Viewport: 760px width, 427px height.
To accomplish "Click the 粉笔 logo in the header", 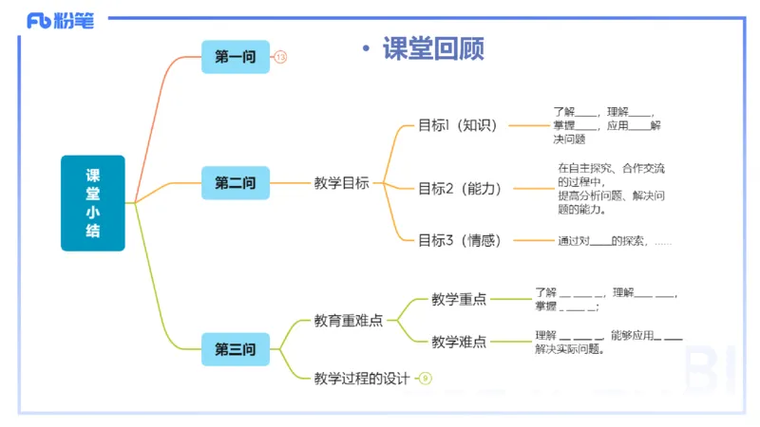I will point(60,20).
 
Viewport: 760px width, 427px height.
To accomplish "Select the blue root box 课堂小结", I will point(93,203).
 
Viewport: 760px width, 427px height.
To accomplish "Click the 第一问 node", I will point(236,57).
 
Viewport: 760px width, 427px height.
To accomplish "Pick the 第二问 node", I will point(236,183).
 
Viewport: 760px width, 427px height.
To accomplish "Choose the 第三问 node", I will point(236,349).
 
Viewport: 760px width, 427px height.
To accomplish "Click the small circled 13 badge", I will point(280,58).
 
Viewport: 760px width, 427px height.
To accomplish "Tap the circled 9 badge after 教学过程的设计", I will point(426,379).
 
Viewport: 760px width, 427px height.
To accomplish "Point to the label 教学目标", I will point(342,183).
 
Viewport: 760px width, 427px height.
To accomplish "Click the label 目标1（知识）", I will point(458,125).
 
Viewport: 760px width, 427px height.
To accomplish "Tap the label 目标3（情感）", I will point(460,240).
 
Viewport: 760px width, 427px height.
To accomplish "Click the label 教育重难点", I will point(349,321).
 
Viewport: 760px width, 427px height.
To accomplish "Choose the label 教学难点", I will point(459,342).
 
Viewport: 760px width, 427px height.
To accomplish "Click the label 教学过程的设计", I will point(362,379).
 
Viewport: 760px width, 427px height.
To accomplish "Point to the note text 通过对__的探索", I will point(614,241).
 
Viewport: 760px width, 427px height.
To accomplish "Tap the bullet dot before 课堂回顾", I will point(366,50).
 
